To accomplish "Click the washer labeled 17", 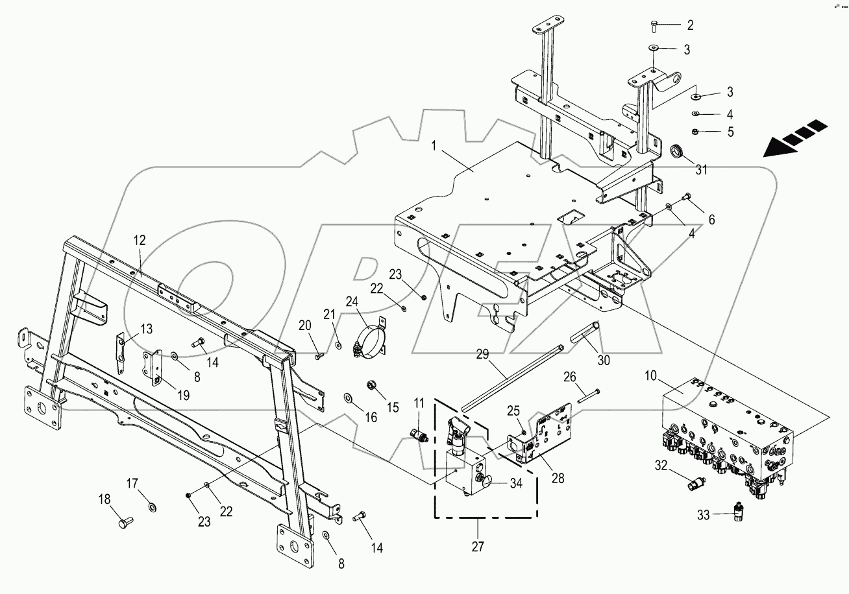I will click(151, 506).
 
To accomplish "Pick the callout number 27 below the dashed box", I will click(478, 547).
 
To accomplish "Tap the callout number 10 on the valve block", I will click(653, 376).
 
